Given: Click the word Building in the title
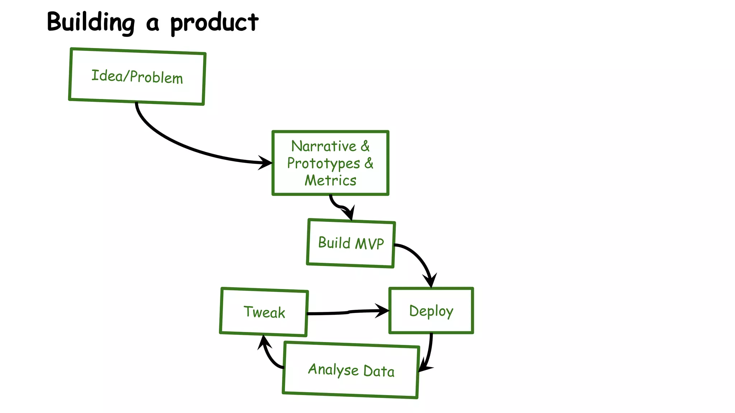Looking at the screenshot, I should (x=91, y=22).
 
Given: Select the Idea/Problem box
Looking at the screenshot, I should (x=137, y=76).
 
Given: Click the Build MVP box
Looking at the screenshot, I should (x=351, y=243).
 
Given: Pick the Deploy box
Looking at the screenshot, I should (x=431, y=310).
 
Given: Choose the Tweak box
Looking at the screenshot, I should (x=264, y=312).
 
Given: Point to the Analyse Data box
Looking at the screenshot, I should (x=351, y=370).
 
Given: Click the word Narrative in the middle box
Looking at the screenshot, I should (x=323, y=146).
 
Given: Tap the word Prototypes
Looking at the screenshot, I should (x=323, y=163).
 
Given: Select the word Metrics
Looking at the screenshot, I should (x=331, y=180).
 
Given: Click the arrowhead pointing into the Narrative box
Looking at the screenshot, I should (x=266, y=163).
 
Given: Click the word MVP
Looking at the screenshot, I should (x=369, y=244).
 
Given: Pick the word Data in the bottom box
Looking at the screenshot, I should (x=379, y=371).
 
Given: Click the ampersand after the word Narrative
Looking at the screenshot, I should (x=365, y=146).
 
